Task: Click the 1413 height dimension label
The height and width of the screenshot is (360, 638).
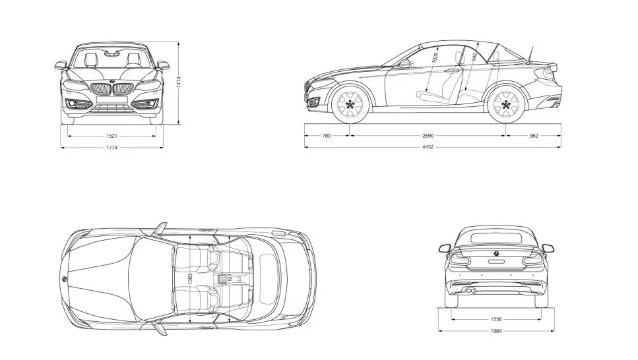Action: click(x=179, y=82)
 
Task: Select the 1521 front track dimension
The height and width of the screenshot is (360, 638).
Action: click(x=112, y=136)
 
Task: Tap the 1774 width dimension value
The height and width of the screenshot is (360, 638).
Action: click(x=112, y=148)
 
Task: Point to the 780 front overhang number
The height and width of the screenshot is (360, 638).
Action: click(x=327, y=136)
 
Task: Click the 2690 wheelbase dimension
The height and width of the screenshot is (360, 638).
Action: click(x=428, y=136)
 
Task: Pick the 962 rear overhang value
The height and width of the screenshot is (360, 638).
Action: click(x=534, y=136)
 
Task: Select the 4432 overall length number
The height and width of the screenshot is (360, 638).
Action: click(x=428, y=147)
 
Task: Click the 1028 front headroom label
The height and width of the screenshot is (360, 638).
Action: click(x=435, y=57)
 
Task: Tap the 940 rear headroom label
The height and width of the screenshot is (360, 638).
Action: click(x=474, y=57)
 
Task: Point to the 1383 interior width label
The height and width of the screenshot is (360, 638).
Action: click(x=190, y=279)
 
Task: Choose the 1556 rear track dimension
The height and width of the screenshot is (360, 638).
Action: click(x=496, y=320)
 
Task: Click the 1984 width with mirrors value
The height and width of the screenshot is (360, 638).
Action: click(x=496, y=331)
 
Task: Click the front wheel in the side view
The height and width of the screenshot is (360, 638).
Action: click(x=350, y=104)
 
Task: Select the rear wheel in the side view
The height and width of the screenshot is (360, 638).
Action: click(x=505, y=104)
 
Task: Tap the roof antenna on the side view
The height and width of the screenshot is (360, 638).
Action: click(x=530, y=53)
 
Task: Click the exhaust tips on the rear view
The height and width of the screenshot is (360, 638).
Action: click(x=471, y=291)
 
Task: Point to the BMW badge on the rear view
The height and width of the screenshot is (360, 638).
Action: click(x=496, y=253)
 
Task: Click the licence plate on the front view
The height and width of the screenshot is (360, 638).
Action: click(x=112, y=100)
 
